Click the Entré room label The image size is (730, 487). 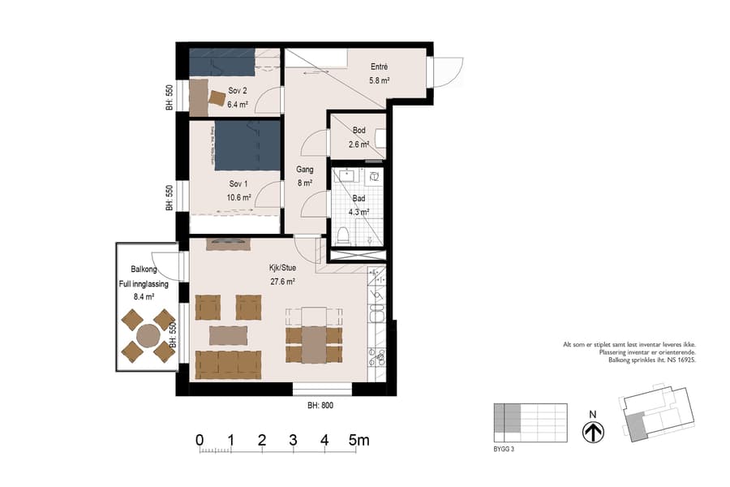pos(379,67)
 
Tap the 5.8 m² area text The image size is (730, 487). pos(380,80)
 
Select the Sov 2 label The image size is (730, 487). pos(237,92)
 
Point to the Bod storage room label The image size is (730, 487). pos(359,131)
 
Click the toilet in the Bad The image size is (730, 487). pos(342,235)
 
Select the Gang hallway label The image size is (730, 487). pos(305,170)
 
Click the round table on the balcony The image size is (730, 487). pos(148,335)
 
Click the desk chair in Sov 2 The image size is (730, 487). pos(217,98)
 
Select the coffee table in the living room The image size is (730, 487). pos(229,334)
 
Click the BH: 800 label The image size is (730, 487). pos(320,405)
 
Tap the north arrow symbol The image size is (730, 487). pos(594,431)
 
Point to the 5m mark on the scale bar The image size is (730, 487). pos(358,441)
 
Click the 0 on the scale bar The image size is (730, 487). pos(200,441)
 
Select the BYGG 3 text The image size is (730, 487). pos(505,447)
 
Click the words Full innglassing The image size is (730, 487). pos(143,283)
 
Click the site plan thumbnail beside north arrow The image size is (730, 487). pos(657,414)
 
